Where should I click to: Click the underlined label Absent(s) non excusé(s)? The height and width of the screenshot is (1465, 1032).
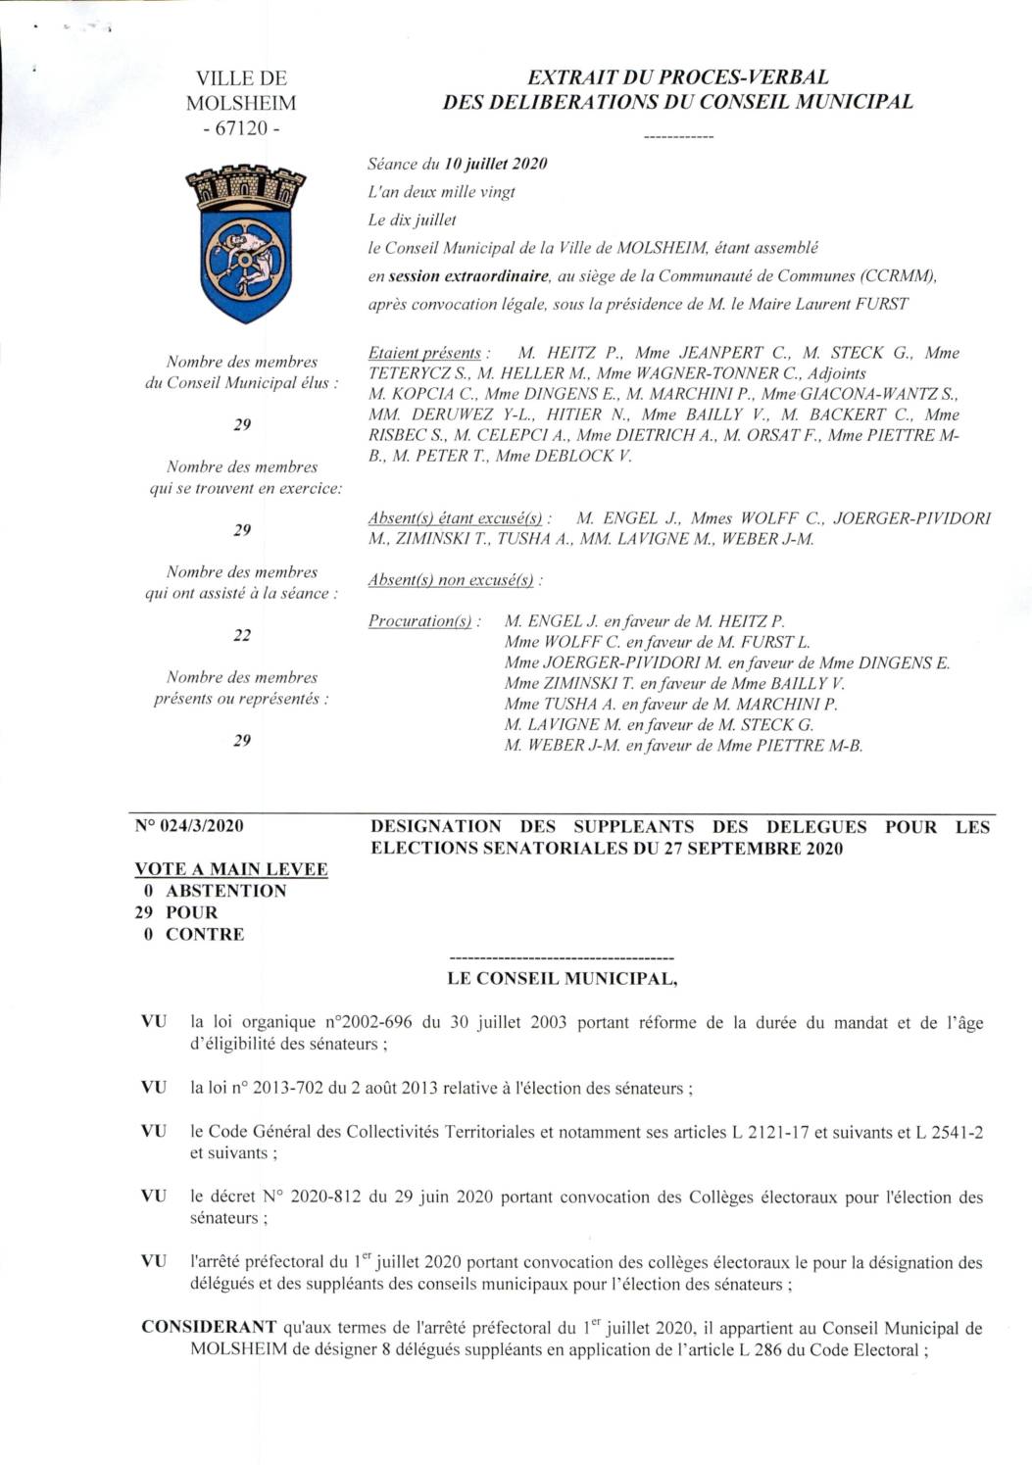452,580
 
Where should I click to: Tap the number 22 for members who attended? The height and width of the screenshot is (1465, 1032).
242,635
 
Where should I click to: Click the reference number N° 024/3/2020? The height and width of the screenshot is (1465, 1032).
189,825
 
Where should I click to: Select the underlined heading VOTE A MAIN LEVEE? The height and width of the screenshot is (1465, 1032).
231,869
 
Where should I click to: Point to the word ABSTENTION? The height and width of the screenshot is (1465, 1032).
225,891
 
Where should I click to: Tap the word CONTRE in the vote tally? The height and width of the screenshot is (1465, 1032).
205,934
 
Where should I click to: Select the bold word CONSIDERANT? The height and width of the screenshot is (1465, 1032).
209,1327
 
